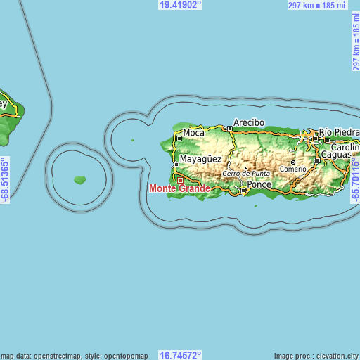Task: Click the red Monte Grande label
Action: [x=180, y=188]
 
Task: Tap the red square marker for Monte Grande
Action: [x=179, y=179]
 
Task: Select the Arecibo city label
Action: [x=249, y=122]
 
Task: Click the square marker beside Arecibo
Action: [x=229, y=129]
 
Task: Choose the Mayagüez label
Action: [x=201, y=160]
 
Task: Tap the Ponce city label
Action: [x=259, y=184]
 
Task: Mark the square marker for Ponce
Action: [x=243, y=190]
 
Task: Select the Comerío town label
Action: [x=293, y=169]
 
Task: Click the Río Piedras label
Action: [x=339, y=131]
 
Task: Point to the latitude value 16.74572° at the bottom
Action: [x=180, y=355]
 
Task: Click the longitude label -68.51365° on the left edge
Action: [x=5, y=181]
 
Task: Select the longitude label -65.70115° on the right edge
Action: [x=355, y=181]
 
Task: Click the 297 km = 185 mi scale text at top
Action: [x=317, y=5]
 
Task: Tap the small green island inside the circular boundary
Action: [x=80, y=180]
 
